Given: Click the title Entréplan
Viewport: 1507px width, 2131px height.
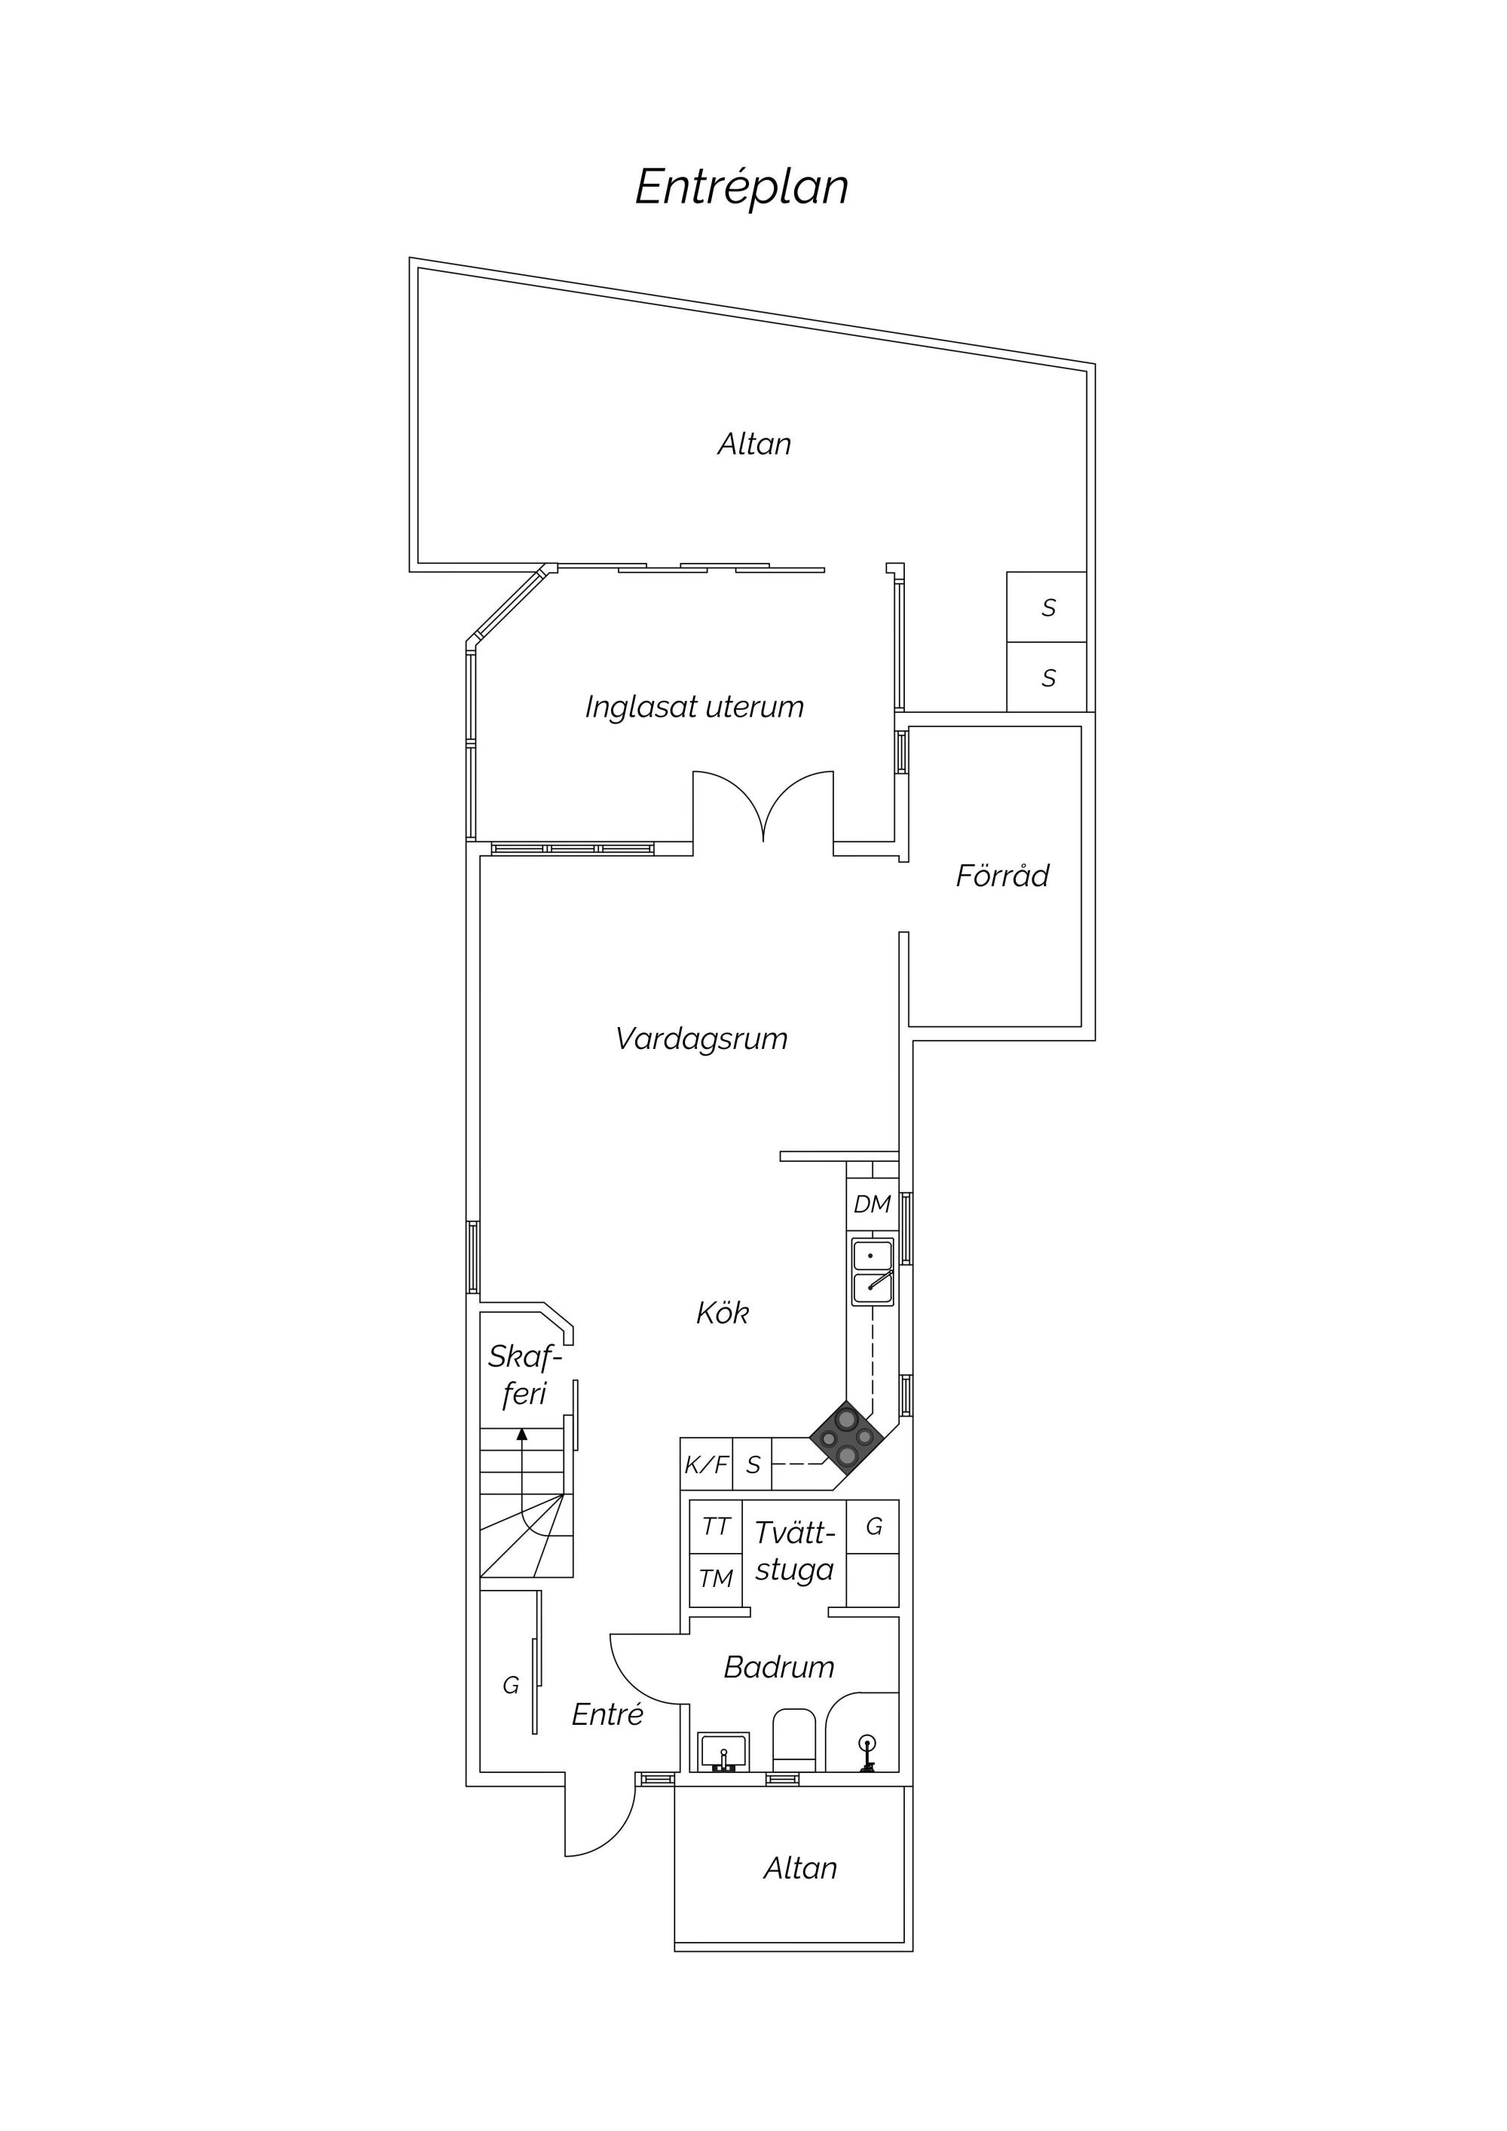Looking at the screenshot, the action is click(x=741, y=188).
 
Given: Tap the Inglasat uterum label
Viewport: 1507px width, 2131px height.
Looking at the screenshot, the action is click(x=694, y=708).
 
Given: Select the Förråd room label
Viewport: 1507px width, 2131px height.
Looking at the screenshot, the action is click(x=1002, y=876).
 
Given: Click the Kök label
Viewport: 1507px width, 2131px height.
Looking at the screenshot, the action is click(x=723, y=1313).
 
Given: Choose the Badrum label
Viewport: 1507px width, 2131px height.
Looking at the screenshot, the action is click(x=778, y=1667).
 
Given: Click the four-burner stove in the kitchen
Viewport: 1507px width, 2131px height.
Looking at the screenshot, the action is click(x=847, y=1438).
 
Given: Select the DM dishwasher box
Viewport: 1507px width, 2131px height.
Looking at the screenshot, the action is click(x=873, y=1205).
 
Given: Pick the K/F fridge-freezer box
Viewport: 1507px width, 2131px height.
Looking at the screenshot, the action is click(x=707, y=1465).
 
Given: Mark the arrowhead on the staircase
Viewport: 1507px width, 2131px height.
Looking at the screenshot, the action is click(x=521, y=1434).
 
